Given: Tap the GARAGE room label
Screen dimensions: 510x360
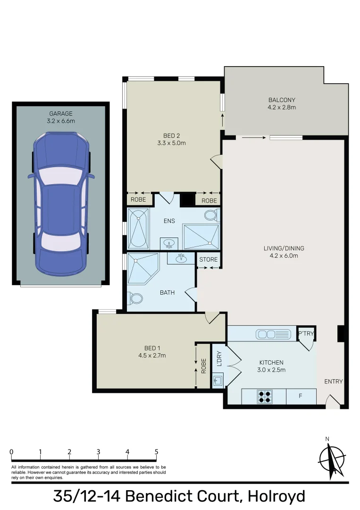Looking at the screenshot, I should click(61, 114).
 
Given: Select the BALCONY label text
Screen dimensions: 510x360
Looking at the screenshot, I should click(282, 100).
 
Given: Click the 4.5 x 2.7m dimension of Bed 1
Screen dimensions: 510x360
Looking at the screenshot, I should click(152, 356).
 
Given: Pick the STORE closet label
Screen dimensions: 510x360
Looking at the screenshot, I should click(208, 260).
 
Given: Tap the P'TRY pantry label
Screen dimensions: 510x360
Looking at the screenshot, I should click(306, 334).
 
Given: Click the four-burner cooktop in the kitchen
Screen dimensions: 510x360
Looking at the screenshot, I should click(264, 397).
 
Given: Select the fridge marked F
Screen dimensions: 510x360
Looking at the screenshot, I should click(301, 396).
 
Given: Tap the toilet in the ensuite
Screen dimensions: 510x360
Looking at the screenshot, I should click(211, 216).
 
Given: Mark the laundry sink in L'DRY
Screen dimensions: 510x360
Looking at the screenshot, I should click(218, 380).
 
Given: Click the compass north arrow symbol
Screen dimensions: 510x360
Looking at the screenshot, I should click(332, 459).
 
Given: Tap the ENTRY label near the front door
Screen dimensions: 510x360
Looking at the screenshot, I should click(333, 382).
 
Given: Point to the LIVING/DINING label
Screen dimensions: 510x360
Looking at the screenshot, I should click(284, 248).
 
